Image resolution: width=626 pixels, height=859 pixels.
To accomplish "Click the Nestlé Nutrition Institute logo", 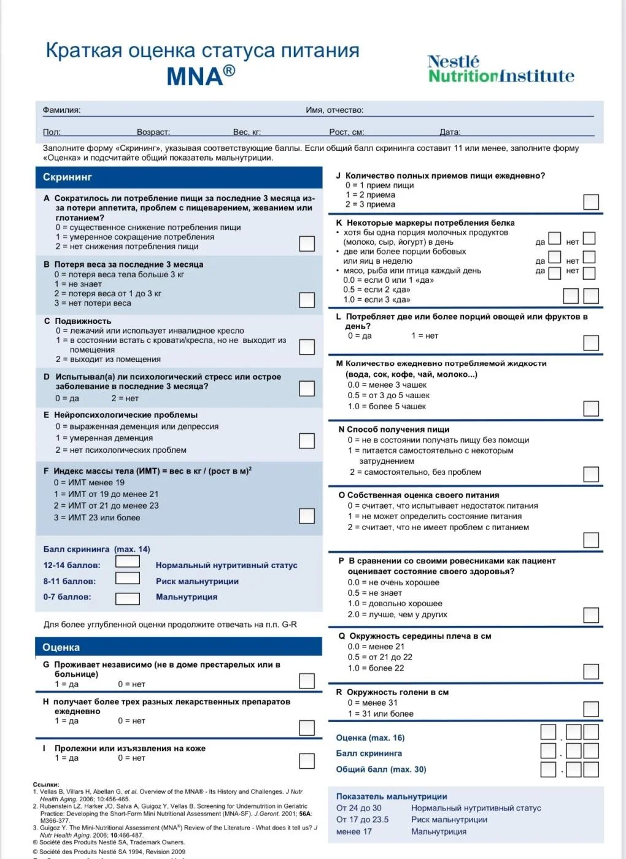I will coord(501,69).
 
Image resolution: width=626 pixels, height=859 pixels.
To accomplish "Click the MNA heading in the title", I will coord(200,76).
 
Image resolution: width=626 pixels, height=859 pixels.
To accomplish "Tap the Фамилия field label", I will coord(61,110).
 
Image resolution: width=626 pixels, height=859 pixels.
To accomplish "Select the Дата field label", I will coord(450,132).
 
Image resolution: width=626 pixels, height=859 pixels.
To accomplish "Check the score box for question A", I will coord(307,244).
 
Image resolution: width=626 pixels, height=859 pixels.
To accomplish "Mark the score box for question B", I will coord(307,300).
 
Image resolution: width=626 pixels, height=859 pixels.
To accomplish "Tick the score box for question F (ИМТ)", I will coord(307,516).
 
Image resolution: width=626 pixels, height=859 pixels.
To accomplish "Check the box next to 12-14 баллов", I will coord(128,561).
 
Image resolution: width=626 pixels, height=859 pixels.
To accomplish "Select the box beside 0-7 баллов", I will coord(128,598).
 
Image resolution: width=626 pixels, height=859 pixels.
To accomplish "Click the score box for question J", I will coord(591,202).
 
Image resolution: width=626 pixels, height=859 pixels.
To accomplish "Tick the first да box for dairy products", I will coord(555,238).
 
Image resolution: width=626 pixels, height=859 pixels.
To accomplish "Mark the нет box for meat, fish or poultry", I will coord(589,273).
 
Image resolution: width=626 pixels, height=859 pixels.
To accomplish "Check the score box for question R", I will coord(591,709).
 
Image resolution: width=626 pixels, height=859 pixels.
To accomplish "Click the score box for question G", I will coord(307,681).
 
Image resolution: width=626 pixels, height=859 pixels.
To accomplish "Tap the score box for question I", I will coord(307,761).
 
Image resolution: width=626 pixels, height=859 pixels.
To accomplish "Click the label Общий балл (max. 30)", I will coord(381,769).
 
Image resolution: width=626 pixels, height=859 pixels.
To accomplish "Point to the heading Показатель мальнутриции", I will coord(392,796).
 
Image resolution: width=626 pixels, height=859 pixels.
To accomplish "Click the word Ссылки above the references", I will coord(46,785).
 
